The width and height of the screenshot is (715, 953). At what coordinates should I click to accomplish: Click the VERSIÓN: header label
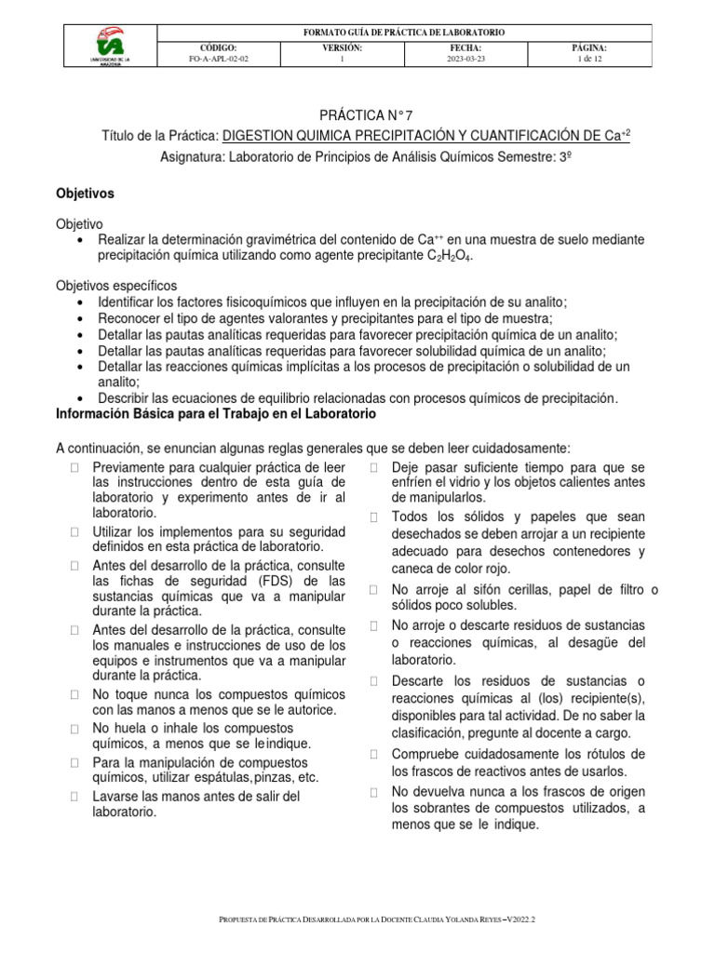point(342,47)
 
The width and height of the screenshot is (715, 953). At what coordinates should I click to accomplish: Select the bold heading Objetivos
point(85,194)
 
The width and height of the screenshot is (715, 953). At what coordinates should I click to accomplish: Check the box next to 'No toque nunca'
point(74,695)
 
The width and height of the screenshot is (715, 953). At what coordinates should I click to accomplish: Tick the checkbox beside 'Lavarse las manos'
point(74,797)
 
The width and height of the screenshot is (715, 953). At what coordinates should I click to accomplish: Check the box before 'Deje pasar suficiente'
point(372,466)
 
